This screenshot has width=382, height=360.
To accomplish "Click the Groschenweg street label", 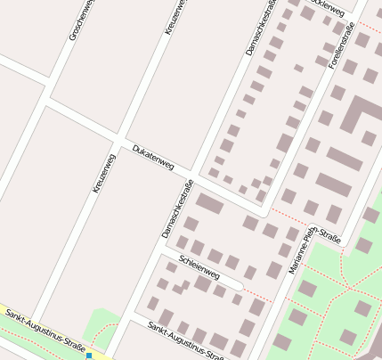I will [80, 19].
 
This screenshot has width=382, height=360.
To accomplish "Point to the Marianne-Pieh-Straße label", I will [314, 250].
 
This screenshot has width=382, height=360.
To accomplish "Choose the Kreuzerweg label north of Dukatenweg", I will [175, 17].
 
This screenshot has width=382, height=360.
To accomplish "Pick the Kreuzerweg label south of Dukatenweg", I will [104, 173].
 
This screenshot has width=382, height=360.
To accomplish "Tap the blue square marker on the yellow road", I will [89, 356].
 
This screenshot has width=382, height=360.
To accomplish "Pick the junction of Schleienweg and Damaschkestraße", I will [158, 252].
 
